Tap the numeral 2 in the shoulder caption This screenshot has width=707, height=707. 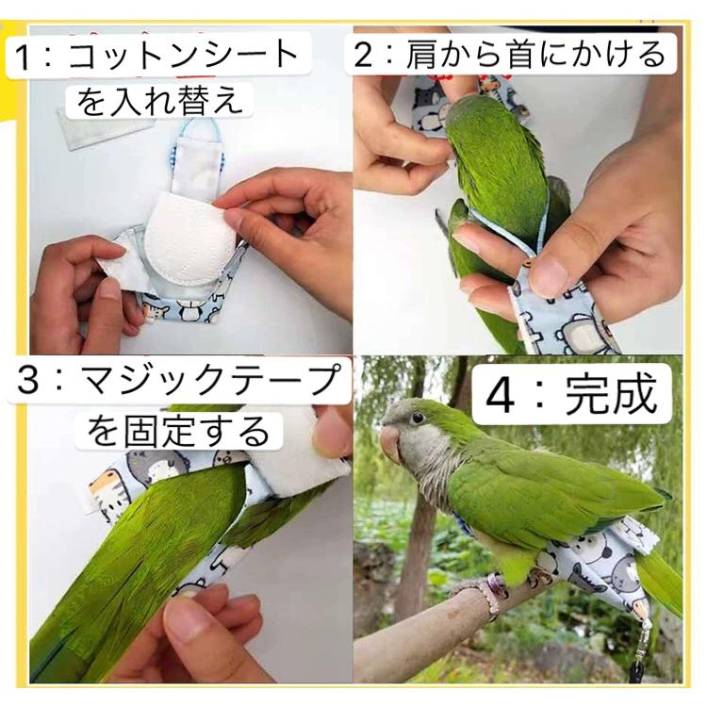point(364,54)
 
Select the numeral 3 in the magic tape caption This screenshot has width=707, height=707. point(27,380)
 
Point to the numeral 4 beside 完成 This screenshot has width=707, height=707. point(500,396)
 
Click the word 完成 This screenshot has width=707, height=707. point(611,395)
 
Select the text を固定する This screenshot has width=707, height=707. point(178,432)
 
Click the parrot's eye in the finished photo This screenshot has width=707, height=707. point(418,418)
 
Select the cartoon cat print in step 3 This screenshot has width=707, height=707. point(108,491)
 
